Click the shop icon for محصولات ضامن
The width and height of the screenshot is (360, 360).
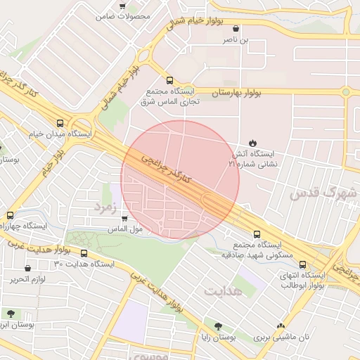pos(123,5)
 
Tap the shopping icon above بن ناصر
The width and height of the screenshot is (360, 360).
pos(236,29)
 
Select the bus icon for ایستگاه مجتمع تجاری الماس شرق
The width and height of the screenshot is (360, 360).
pos(169,80)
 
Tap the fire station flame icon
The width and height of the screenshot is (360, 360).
pos(253,143)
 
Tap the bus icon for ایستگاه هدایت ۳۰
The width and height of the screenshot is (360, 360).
pos(84,253)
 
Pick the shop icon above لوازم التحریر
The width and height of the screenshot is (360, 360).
pos(27,268)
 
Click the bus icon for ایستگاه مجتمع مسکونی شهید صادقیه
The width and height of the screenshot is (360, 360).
pos(256,234)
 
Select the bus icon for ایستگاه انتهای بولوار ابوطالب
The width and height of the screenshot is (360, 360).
pos(302,264)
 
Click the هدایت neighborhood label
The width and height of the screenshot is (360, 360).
pos(223,290)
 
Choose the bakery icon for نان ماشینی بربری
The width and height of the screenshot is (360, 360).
pos(281,326)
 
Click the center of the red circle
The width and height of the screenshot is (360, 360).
pos(180,180)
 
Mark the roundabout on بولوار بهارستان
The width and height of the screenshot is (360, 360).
pos(345,92)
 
